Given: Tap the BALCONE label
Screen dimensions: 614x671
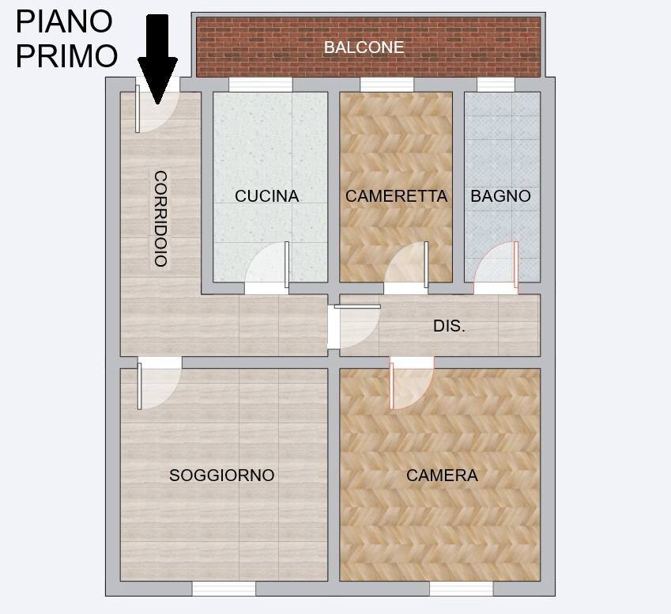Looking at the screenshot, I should click(364, 47).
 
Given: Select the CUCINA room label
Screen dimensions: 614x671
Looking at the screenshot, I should click(267, 196).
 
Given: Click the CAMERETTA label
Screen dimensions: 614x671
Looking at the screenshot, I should click(396, 196).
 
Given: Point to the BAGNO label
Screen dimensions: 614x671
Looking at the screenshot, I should click(500, 196).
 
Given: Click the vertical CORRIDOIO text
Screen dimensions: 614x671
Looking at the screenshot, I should click(160, 218).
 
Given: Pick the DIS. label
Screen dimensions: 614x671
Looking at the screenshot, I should click(449, 326).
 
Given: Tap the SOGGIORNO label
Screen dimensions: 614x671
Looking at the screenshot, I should click(222, 476).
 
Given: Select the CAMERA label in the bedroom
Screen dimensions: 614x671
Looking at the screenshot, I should click(442, 476).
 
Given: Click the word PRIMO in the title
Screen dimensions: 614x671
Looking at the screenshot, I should click(67, 56).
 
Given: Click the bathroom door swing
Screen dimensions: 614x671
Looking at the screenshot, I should click(498, 269).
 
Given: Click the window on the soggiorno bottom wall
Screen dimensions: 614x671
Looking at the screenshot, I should click(224, 589).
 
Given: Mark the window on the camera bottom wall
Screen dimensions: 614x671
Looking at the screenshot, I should click(461, 589).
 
